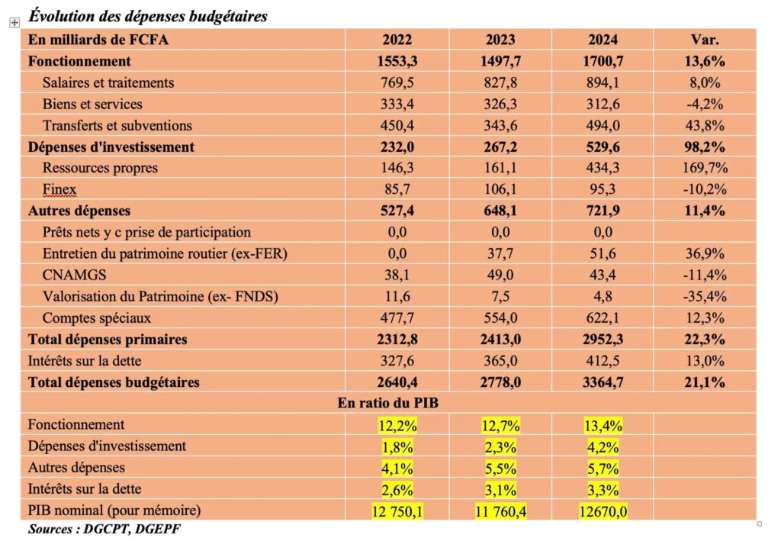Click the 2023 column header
tap(500, 40)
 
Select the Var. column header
tap(704, 40)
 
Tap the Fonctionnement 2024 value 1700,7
tap(603, 61)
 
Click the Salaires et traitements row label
tap(108, 82)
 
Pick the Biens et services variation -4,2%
tap(704, 104)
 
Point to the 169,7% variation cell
tap(704, 168)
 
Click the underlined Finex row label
tap(59, 189)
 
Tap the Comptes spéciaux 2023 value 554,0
tap(500, 317)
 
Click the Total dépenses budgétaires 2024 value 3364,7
tap(603, 382)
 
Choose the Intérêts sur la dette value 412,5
tap(603, 361)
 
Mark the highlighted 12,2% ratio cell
tap(396, 425)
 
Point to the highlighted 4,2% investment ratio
tap(603, 446)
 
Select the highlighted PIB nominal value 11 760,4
tap(500, 511)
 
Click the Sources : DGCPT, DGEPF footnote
tap(104, 528)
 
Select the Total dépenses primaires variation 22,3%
tap(704, 340)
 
